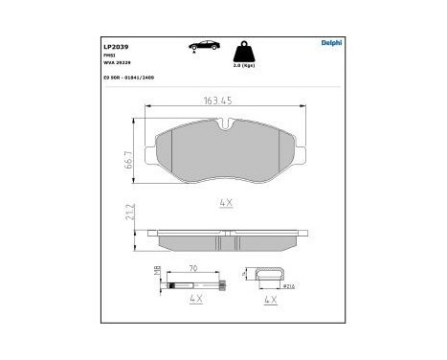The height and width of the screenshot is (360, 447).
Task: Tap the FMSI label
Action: (x=110, y=56)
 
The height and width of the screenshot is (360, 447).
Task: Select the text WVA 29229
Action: (x=118, y=64)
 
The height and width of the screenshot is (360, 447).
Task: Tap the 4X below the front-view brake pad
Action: (x=226, y=202)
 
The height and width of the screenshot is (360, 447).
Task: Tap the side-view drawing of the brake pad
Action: (x=225, y=235)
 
